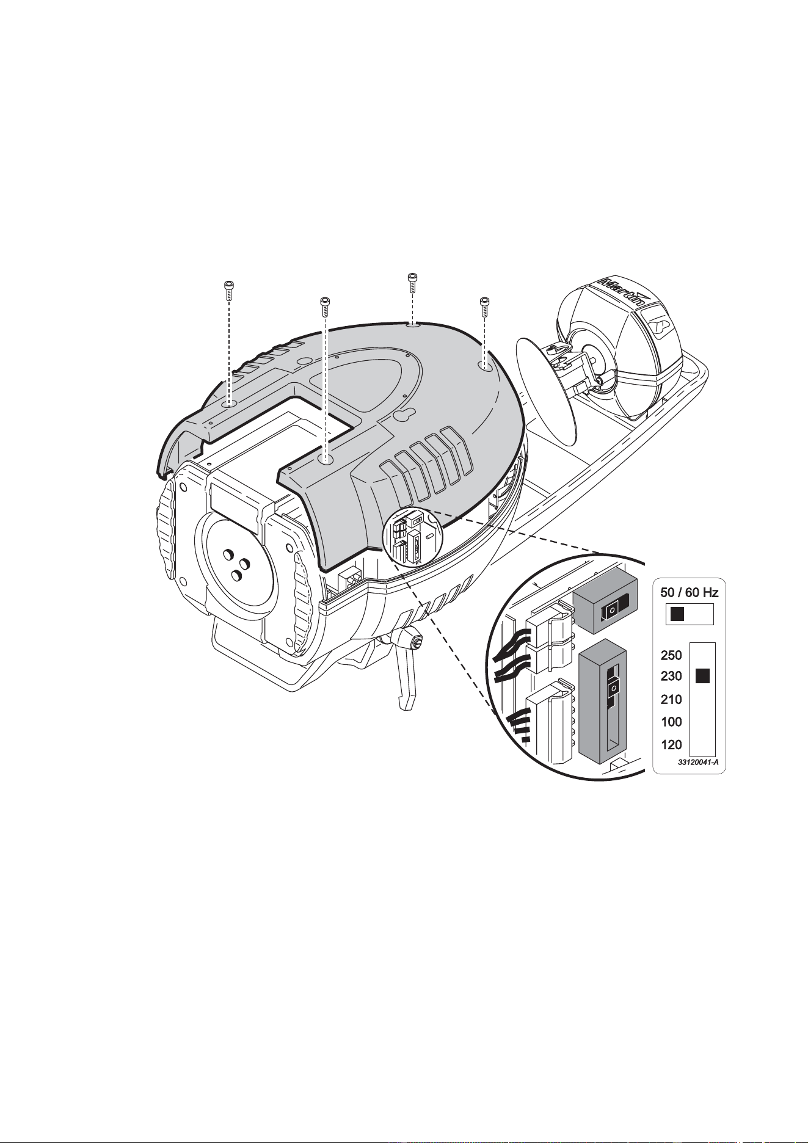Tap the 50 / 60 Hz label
tap(689, 592)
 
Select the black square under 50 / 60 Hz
tap(676, 614)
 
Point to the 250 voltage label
tap(672, 655)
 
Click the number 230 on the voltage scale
tap(672, 677)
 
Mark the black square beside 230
tap(703, 676)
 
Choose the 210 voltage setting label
tap(672, 699)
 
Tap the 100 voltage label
tap(672, 722)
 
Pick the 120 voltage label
tap(672, 745)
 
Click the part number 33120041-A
tap(697, 763)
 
